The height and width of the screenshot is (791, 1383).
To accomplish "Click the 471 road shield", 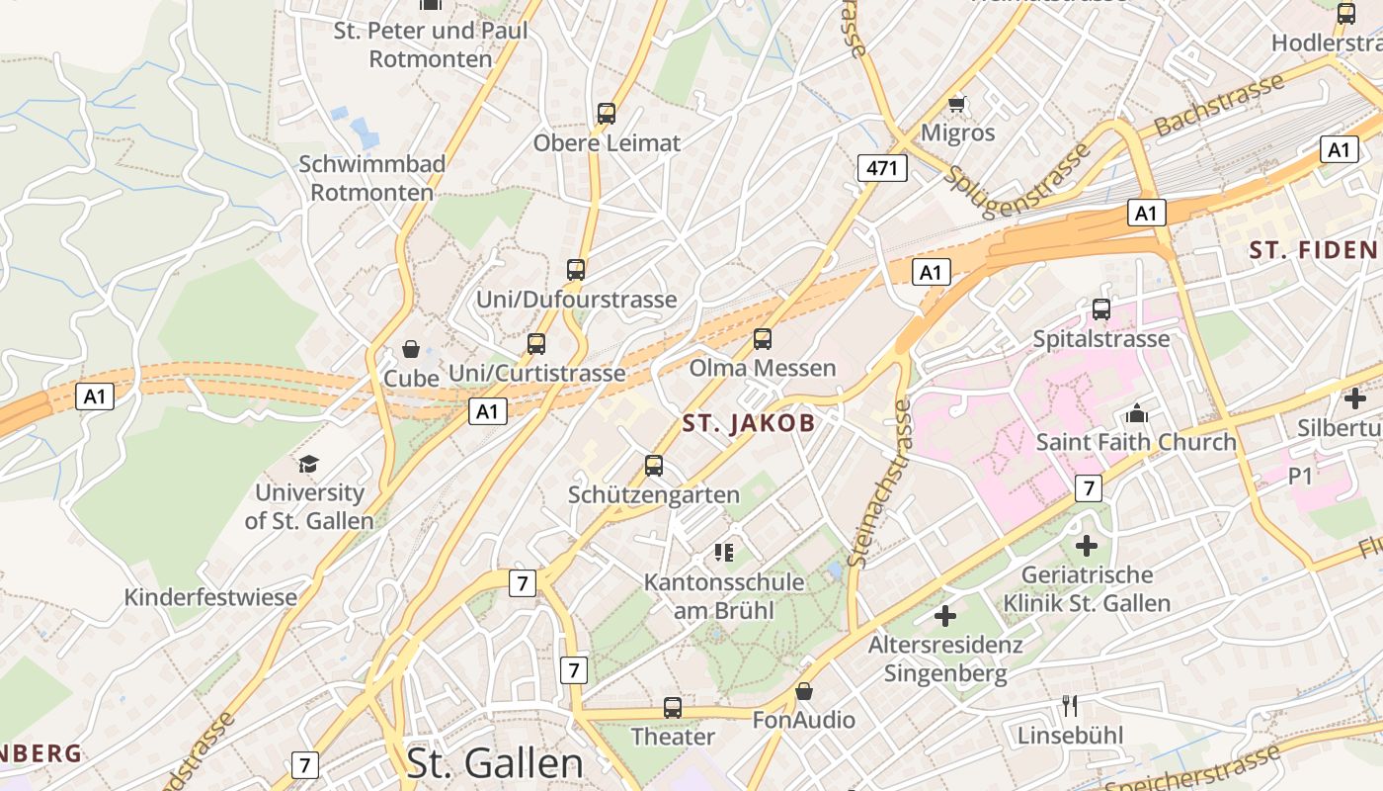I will (881, 168).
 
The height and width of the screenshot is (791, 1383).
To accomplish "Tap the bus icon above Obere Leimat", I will (607, 114).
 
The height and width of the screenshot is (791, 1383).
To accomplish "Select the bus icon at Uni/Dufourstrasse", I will (576, 269).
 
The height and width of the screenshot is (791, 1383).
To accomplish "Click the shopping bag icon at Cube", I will (411, 349).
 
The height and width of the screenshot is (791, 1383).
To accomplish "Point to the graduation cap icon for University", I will (309, 464).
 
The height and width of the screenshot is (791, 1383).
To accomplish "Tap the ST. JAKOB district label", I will (749, 424).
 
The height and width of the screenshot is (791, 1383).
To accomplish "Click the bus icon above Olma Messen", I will (762, 339).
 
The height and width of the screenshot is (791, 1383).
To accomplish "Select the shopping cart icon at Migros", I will (956, 103).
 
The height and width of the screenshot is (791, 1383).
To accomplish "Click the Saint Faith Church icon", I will (1137, 413).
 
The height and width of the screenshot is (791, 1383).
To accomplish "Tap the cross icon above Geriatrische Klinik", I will (1087, 545).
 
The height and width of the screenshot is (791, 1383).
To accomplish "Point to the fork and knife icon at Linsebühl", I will (1070, 706).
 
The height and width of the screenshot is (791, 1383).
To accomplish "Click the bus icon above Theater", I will (673, 708).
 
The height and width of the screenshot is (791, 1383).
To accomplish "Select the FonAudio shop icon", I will (804, 691).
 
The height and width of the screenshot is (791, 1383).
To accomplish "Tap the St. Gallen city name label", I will (495, 763).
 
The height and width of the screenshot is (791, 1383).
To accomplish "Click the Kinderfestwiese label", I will (210, 597).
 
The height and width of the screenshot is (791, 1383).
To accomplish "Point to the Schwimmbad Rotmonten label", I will (372, 178).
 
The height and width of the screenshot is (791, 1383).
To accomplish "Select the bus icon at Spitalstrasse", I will (1101, 309).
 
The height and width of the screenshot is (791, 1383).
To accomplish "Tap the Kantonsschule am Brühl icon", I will (724, 553).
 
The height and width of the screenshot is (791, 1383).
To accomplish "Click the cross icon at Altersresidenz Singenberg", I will (945, 616).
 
